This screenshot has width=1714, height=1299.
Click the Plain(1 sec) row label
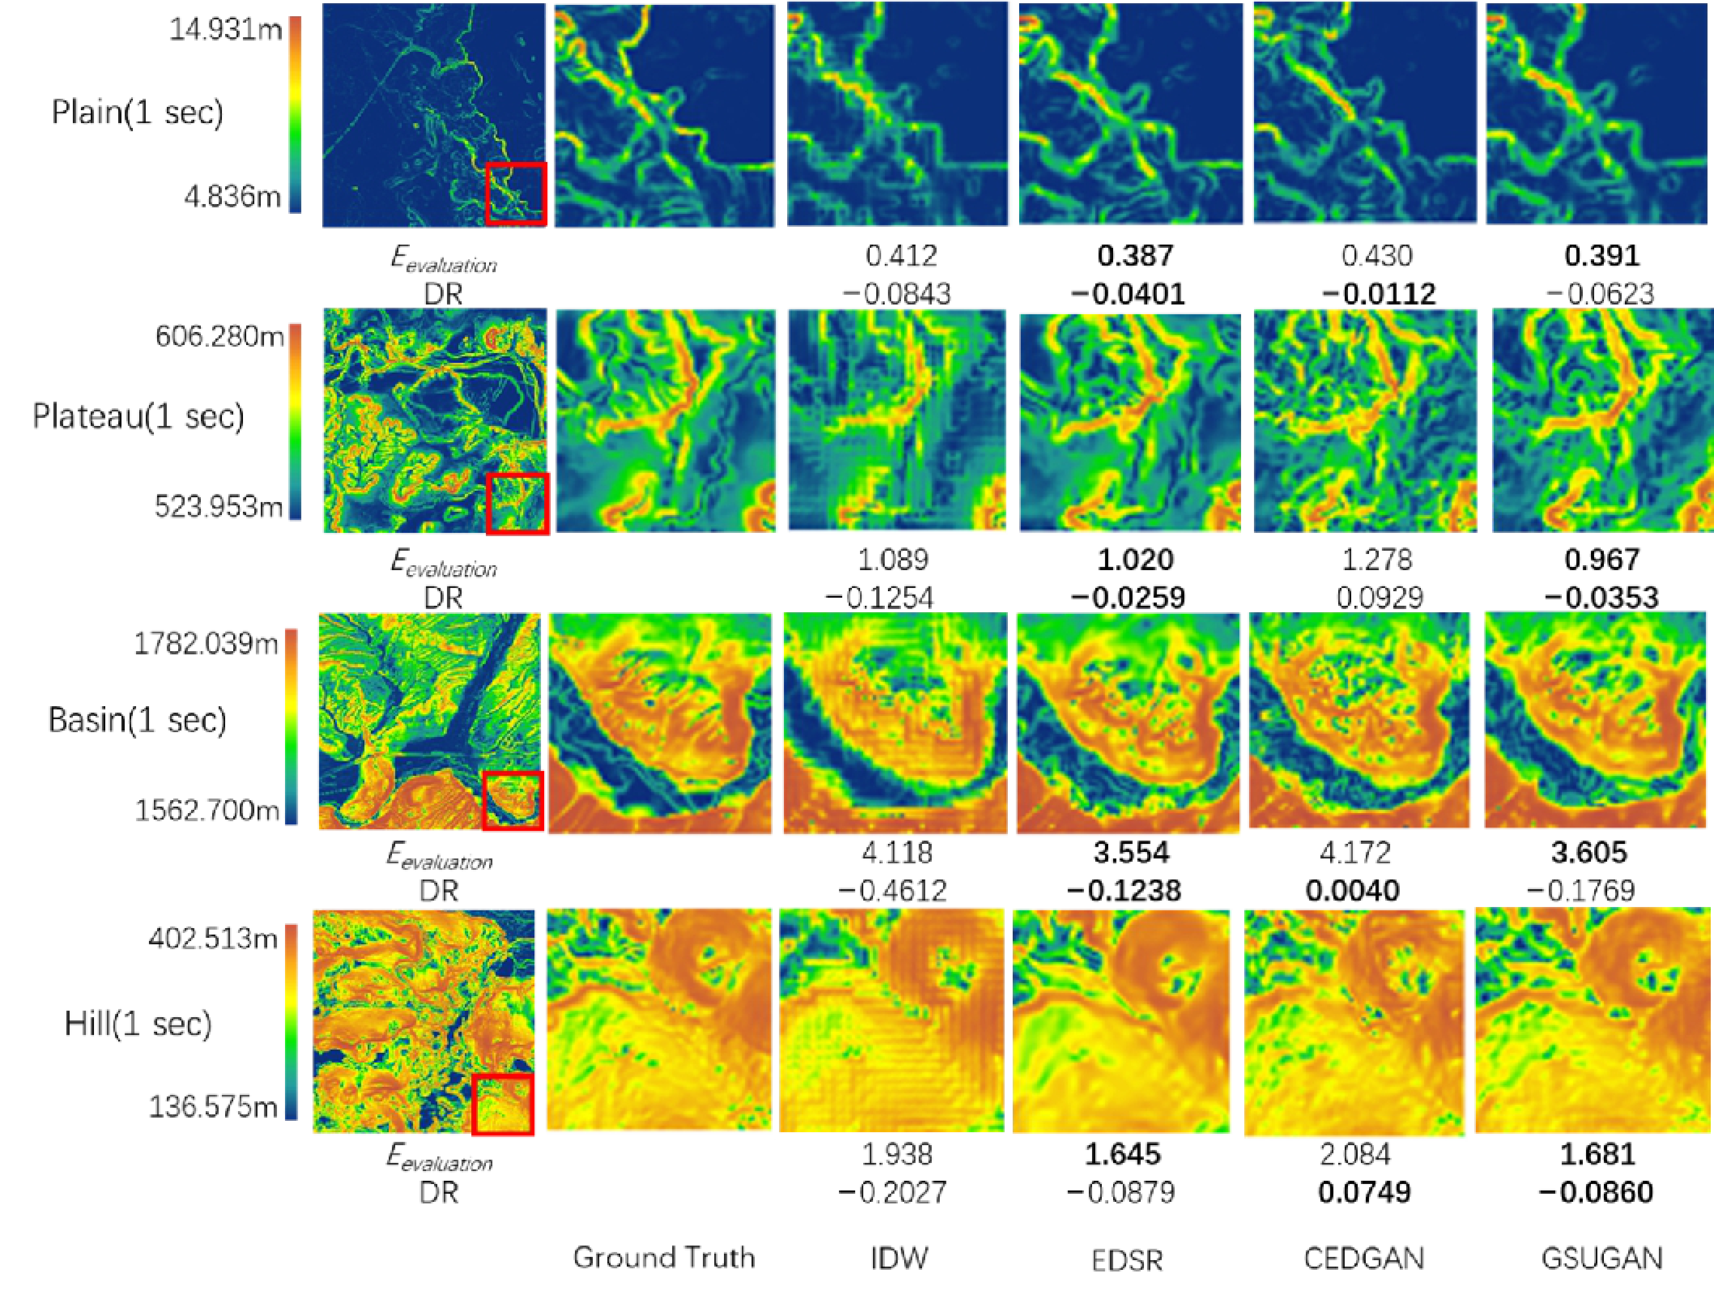click(x=137, y=113)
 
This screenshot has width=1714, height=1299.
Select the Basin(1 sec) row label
click(x=137, y=720)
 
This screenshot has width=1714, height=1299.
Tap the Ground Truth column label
click(x=664, y=1257)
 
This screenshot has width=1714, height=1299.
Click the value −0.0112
click(x=1378, y=294)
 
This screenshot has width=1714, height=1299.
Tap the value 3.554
click(x=1131, y=852)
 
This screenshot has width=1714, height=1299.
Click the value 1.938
click(x=896, y=1154)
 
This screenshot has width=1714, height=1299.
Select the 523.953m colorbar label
click(x=219, y=506)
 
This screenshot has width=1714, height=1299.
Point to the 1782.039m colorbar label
click(x=205, y=643)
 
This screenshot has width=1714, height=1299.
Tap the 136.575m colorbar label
click(x=212, y=1106)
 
